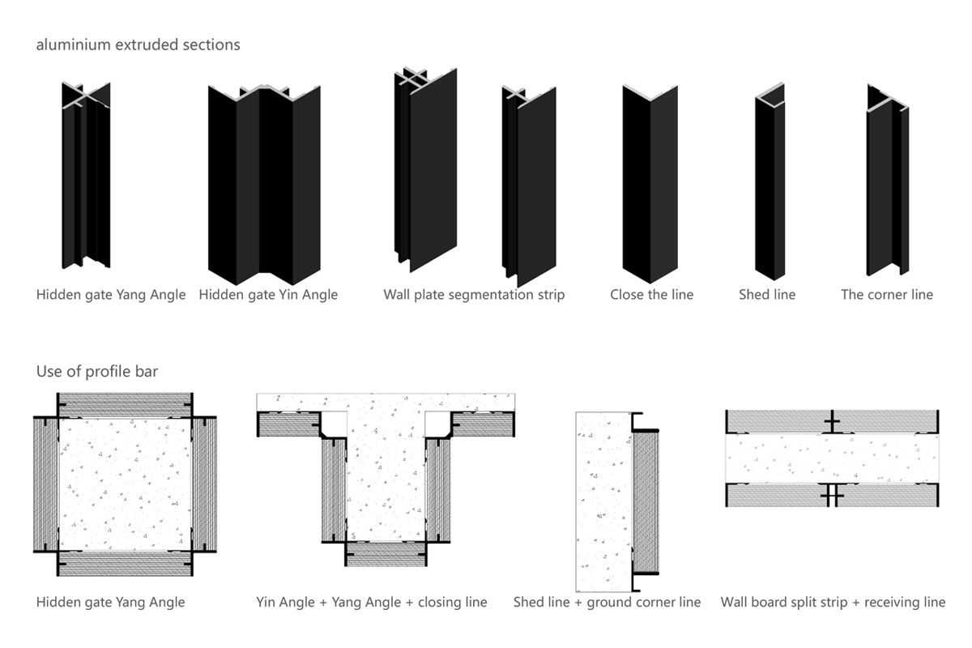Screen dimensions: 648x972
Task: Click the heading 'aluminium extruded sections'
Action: point(138,45)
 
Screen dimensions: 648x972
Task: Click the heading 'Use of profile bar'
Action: point(97,372)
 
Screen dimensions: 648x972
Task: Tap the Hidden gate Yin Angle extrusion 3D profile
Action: point(264,182)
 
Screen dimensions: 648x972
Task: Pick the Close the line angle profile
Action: point(650,183)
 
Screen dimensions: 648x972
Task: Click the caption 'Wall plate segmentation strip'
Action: point(474,295)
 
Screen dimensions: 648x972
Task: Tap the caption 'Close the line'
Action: point(651,295)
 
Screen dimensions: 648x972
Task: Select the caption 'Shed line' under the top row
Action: point(766,295)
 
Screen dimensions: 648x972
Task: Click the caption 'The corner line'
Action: point(887,295)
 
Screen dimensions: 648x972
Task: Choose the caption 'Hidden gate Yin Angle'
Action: point(268,295)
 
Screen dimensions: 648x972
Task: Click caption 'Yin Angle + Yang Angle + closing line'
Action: point(372,602)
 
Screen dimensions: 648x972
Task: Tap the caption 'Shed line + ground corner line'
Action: point(607,602)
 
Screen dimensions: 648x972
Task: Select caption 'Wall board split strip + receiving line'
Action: point(833,602)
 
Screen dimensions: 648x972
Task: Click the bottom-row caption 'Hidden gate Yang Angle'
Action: point(110,602)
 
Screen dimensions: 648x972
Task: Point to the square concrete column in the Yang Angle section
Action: point(125,484)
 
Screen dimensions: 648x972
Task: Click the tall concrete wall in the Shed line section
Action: point(603,502)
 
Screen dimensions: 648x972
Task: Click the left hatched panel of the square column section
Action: point(46,484)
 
